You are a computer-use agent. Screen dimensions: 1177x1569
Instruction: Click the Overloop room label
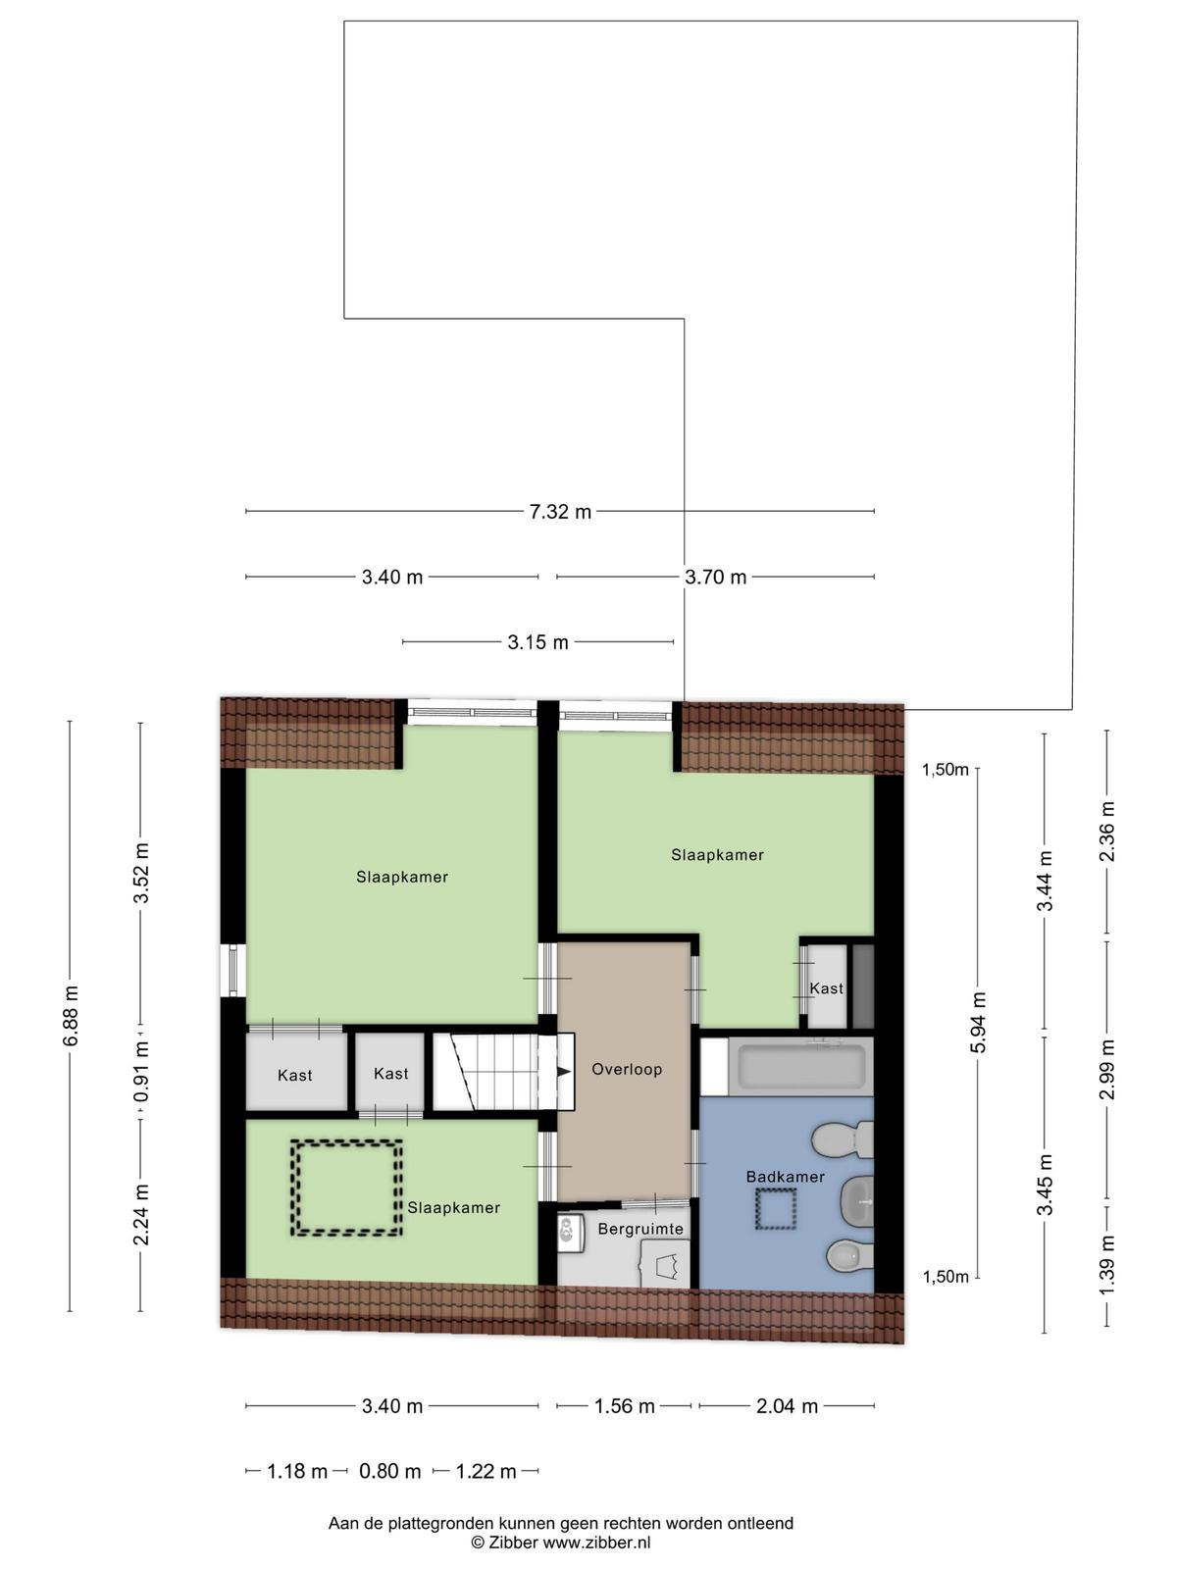pos(627,1069)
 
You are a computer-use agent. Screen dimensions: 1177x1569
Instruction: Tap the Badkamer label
pos(786,1176)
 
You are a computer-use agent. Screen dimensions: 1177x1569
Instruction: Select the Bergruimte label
pos(641,1229)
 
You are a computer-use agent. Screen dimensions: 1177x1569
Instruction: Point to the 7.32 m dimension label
pos(560,512)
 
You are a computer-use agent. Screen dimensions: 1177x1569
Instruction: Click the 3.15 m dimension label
pos(538,642)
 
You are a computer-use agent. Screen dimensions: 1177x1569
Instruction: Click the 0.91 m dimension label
pos(141,1071)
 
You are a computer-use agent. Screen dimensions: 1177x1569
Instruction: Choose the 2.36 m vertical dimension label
pos(1107,832)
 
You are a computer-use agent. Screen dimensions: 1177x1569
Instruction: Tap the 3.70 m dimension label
pos(715,577)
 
